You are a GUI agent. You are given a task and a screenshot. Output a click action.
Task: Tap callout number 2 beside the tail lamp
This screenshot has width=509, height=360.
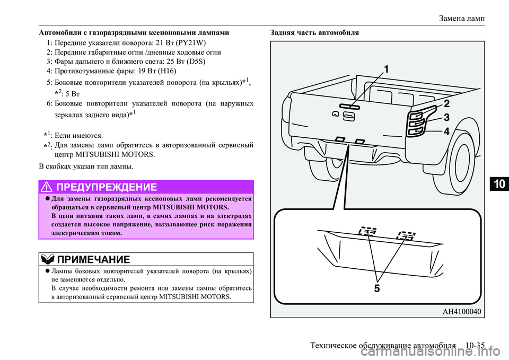[446, 103]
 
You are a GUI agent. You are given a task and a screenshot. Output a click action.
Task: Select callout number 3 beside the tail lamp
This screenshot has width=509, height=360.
[446, 117]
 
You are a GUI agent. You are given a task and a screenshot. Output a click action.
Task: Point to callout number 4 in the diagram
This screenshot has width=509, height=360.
[446, 131]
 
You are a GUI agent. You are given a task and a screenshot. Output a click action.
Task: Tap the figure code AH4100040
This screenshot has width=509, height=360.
[461, 311]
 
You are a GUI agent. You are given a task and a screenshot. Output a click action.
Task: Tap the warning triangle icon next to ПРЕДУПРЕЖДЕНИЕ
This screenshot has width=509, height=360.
[48, 187]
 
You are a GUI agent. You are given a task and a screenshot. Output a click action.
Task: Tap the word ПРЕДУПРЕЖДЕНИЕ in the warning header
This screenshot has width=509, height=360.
[106, 187]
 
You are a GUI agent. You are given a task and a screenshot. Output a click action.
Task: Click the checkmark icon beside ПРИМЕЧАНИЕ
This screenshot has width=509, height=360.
[47, 260]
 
